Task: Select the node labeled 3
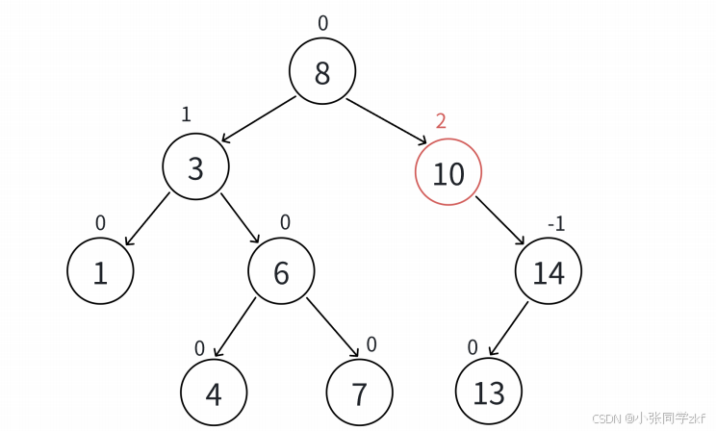click(x=195, y=168)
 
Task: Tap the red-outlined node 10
click(x=447, y=173)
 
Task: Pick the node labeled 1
click(x=100, y=273)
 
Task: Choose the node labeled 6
click(x=281, y=273)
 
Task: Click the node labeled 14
click(x=548, y=273)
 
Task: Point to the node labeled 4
click(x=214, y=393)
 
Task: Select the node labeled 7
click(x=359, y=393)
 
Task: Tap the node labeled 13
click(x=488, y=393)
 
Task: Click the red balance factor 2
click(x=441, y=121)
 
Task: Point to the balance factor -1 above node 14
click(x=555, y=224)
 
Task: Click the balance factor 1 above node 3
click(x=186, y=114)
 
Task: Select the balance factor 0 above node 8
click(x=322, y=23)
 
